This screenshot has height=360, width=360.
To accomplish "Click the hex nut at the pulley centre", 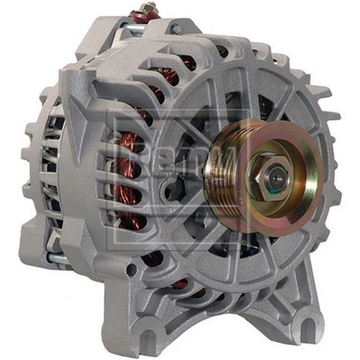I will tap(269, 175).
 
